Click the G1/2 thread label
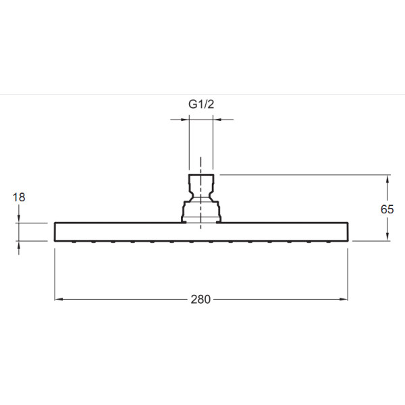click(x=201, y=105)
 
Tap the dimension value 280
click(x=200, y=299)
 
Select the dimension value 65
click(x=387, y=209)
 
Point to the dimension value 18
click(x=19, y=197)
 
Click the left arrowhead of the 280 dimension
click(x=59, y=299)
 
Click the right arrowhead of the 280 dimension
click(x=344, y=299)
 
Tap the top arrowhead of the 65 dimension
click(x=387, y=179)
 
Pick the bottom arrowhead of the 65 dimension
click(x=387, y=237)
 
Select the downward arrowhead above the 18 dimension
click(x=19, y=219)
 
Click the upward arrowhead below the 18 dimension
click(x=19, y=245)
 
